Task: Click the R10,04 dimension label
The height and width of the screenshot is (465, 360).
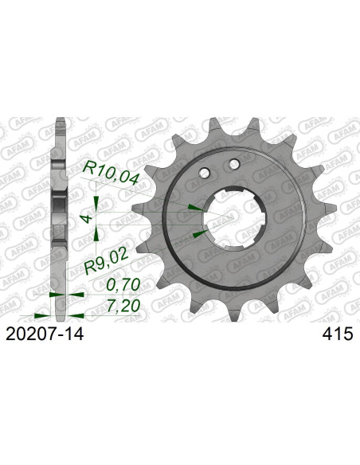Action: click(111, 173)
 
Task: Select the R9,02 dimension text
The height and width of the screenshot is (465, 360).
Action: click(106, 261)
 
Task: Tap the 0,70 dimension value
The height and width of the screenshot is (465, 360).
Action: click(123, 285)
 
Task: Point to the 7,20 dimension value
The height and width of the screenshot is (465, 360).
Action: click(123, 306)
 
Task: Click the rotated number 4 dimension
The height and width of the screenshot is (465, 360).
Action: click(87, 219)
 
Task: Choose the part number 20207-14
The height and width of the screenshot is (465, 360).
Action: click(45, 334)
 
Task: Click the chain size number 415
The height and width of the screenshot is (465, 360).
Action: click(338, 334)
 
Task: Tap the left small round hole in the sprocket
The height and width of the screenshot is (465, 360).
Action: click(205, 174)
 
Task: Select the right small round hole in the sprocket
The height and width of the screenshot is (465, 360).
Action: click(234, 164)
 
